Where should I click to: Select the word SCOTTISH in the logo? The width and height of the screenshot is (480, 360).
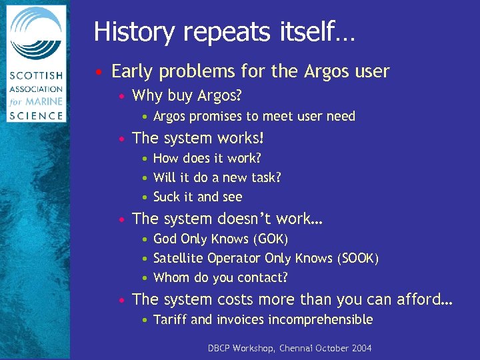pyautogui.click(x=36, y=77)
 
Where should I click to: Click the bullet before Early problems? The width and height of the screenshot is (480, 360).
pyautogui.click(x=98, y=72)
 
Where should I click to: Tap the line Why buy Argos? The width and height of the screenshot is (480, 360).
pyautogui.click(x=187, y=96)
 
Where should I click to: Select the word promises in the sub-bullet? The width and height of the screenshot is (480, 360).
pyautogui.click(x=219, y=117)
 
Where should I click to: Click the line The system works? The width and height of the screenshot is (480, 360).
pyautogui.click(x=198, y=139)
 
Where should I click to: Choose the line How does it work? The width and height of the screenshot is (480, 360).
pyautogui.click(x=207, y=159)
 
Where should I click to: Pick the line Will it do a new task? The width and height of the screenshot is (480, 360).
pyautogui.click(x=217, y=178)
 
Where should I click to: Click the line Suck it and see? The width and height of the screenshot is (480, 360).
pyautogui.click(x=197, y=197)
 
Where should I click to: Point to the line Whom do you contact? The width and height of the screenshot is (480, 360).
pyautogui.click(x=220, y=278)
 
